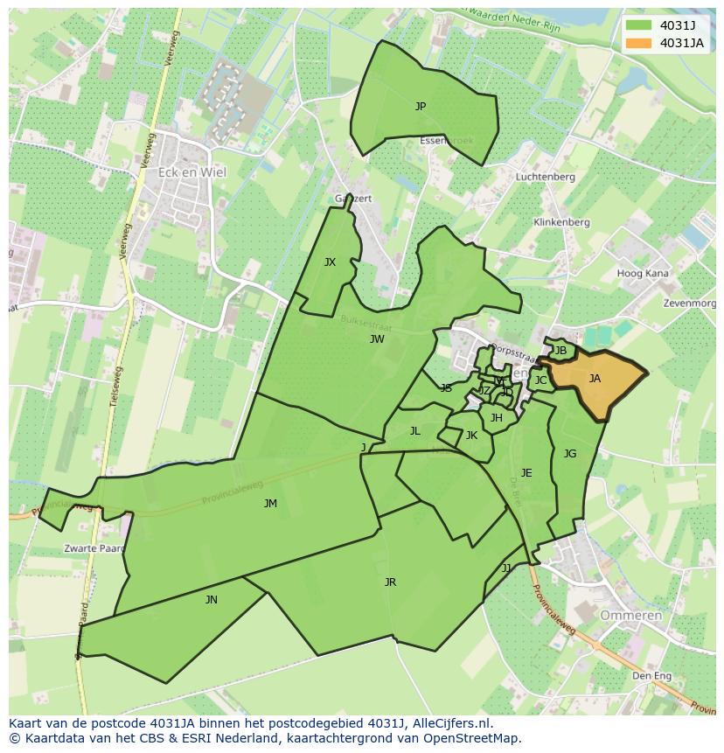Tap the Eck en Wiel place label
(x=191, y=172)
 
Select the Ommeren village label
(x=630, y=616)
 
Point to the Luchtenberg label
(x=545, y=177)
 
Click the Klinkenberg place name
(x=561, y=222)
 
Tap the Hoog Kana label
(x=643, y=274)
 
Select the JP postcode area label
(x=421, y=107)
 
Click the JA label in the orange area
(x=595, y=379)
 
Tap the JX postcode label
(x=330, y=262)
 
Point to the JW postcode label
(x=377, y=339)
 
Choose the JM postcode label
(x=270, y=504)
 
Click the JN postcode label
(x=212, y=600)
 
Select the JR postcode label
(x=390, y=582)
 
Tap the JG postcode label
(x=570, y=454)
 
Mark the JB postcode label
(x=561, y=351)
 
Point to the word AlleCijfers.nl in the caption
(x=450, y=724)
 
